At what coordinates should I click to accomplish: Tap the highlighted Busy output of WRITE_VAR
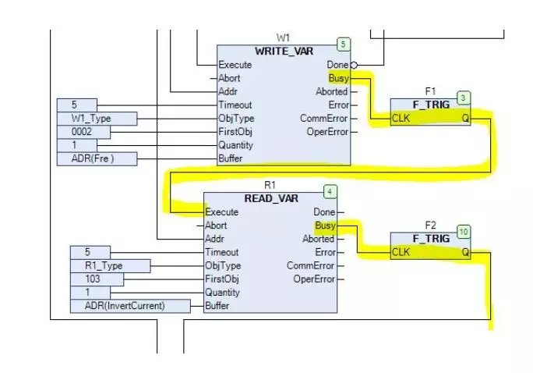pyautogui.click(x=339, y=79)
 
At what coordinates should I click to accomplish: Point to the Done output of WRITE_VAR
pyautogui.click(x=337, y=65)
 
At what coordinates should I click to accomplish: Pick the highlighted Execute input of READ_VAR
pyautogui.click(x=221, y=212)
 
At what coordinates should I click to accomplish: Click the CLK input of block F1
pyautogui.click(x=401, y=119)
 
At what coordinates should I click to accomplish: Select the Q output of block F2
pyautogui.click(x=465, y=252)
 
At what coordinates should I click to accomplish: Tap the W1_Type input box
pyautogui.click(x=97, y=119)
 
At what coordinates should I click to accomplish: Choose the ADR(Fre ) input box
pyautogui.click(x=97, y=159)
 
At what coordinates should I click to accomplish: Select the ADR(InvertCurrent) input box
pyautogui.click(x=130, y=306)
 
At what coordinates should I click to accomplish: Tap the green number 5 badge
pyautogui.click(x=342, y=44)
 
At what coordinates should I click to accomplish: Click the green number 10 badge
pyautogui.click(x=464, y=232)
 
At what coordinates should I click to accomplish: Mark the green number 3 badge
pyautogui.click(x=464, y=98)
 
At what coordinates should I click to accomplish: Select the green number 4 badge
pyautogui.click(x=330, y=191)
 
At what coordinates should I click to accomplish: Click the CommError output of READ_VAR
pyautogui.click(x=310, y=266)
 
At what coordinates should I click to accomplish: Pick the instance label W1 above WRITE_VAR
pyautogui.click(x=283, y=37)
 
